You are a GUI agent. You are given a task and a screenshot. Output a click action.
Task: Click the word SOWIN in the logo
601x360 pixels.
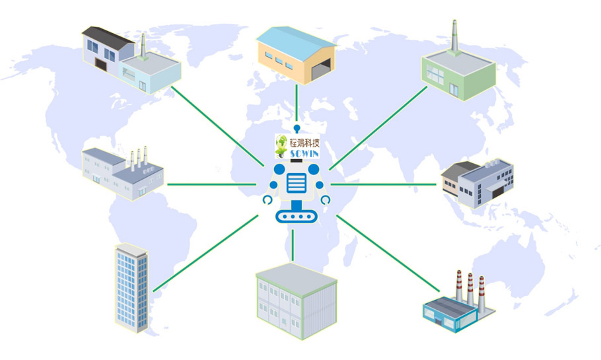[304, 154]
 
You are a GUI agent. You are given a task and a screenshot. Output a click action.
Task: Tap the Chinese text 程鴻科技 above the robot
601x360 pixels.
[304, 143]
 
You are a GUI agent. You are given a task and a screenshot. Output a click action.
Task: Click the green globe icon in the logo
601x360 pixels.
[281, 146]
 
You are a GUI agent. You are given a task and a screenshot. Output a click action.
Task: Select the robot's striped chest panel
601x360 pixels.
[297, 183]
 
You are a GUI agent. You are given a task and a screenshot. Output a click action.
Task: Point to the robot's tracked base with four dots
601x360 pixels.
[297, 217]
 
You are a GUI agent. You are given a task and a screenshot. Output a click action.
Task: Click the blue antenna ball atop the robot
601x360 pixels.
[297, 127]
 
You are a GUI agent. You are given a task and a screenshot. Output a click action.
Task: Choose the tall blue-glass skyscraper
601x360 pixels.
[131, 288]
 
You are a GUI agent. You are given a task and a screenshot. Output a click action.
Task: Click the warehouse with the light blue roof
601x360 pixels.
[297, 55]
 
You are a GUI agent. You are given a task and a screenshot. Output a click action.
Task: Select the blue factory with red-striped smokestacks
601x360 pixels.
[459, 303]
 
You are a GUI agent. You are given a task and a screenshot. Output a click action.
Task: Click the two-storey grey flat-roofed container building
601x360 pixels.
[297, 301]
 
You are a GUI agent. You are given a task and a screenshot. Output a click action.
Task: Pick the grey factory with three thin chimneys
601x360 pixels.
[123, 173]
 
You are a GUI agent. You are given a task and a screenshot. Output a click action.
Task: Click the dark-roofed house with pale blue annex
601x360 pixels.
[131, 60]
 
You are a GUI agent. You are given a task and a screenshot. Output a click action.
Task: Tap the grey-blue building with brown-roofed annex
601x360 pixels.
[477, 184]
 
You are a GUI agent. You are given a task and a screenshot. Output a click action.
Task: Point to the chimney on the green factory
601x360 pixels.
[454, 37]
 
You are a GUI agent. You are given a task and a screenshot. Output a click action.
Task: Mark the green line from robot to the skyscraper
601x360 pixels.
[206, 253]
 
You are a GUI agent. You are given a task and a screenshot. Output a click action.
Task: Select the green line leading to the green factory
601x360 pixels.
[378, 128]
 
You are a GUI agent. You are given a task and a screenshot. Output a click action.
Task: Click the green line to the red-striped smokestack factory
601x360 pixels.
[388, 253]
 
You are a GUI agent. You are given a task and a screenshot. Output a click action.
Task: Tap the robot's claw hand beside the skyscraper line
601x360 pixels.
[267, 199]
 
